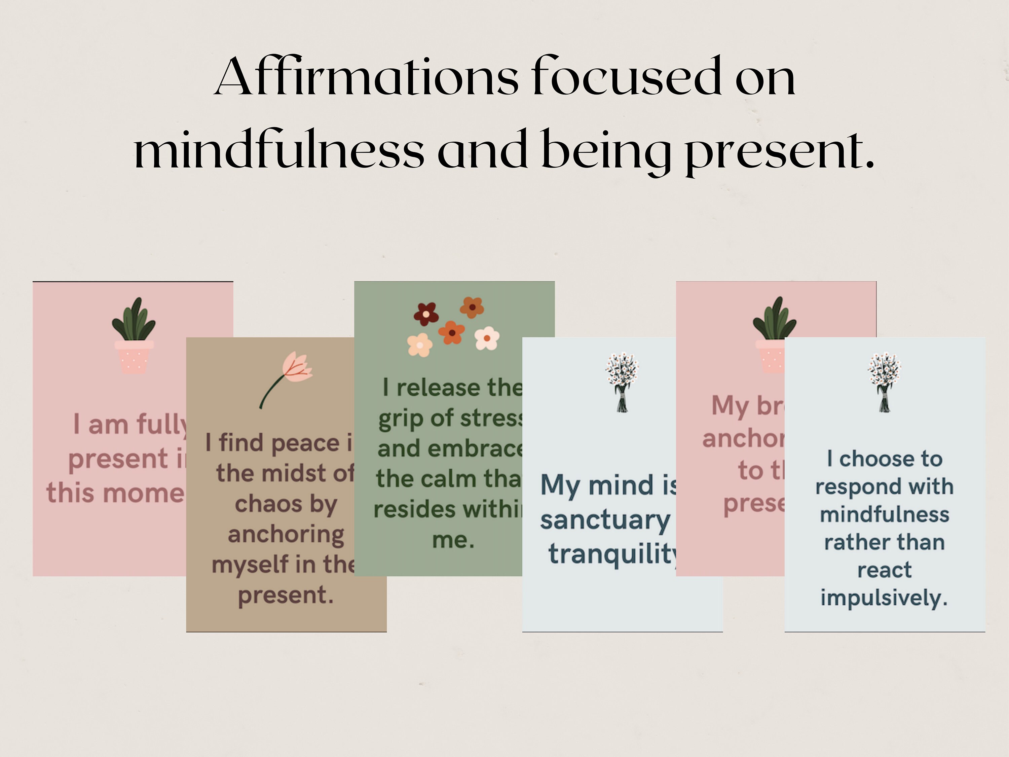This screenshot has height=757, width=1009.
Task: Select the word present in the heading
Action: point(780,153)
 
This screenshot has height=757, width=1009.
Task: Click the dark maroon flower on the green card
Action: point(425,314)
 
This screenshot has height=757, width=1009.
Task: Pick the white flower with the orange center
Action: point(487,338)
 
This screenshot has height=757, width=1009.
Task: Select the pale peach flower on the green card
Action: point(420,345)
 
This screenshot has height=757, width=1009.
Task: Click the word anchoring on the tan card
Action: point(286,534)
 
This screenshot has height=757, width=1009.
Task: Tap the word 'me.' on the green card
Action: point(453,540)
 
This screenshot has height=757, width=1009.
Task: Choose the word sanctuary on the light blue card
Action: point(605,520)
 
